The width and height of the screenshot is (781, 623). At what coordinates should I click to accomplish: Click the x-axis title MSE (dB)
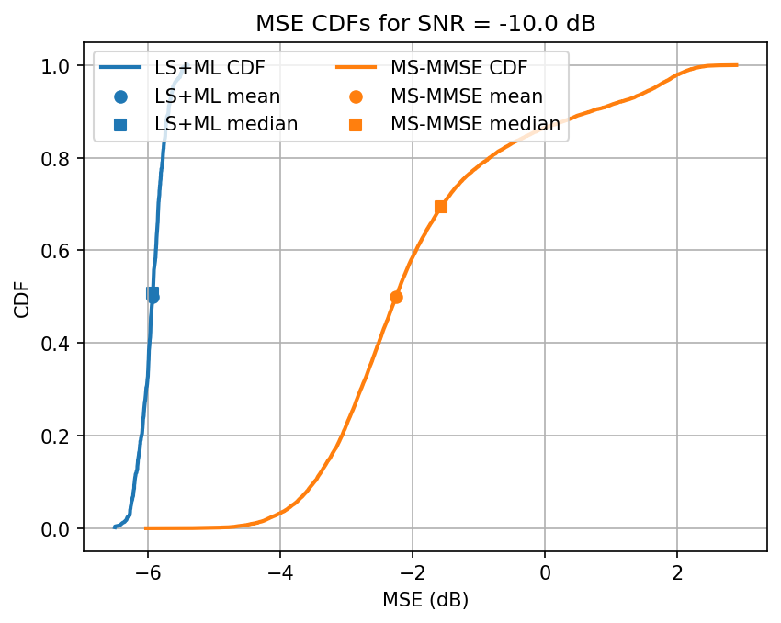(424, 599)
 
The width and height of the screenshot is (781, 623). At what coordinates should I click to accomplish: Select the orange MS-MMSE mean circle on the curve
(396, 297)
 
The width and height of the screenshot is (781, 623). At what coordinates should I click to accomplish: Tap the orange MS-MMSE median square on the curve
(441, 207)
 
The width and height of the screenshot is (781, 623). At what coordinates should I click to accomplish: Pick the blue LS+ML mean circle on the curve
(153, 297)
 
